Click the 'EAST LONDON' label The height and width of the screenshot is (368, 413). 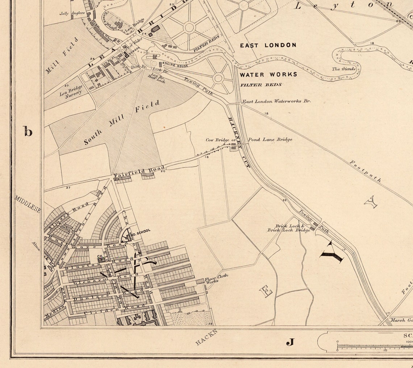tap(268, 45)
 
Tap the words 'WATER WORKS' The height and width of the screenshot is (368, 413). tap(268, 74)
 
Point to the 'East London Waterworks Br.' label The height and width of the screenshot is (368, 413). tap(276, 102)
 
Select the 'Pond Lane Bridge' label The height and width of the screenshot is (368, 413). tap(270, 140)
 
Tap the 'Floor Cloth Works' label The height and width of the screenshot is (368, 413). tap(216, 278)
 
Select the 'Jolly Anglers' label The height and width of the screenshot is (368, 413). tap(72, 13)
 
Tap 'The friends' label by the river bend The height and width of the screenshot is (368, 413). tap(343, 69)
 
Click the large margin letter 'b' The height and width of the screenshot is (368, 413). tap(28, 131)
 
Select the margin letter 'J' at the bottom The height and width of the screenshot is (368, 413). tap(290, 342)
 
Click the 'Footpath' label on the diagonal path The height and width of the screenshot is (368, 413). tap(366, 170)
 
